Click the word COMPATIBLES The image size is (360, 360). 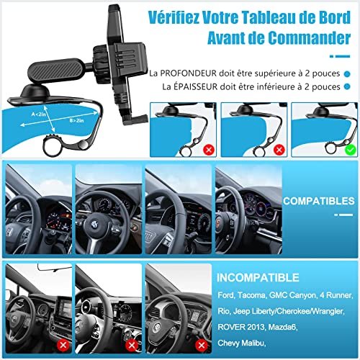coord(318,201)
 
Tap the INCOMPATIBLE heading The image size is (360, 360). coord(258,278)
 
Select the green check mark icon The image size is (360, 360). coord(351,150)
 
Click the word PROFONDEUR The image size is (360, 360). coord(188,73)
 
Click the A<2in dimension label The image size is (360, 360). coord(38,114)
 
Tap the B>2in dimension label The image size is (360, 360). coord(76,120)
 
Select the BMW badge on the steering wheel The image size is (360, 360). coord(94,225)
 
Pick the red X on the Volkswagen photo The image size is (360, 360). coord(202,345)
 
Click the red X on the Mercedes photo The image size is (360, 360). coord(132,345)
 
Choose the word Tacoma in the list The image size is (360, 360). coord(252,295)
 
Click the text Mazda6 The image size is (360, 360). coord(283,327)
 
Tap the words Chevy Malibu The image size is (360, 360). coord(241,343)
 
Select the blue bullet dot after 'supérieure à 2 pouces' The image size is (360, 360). coord(347,73)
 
